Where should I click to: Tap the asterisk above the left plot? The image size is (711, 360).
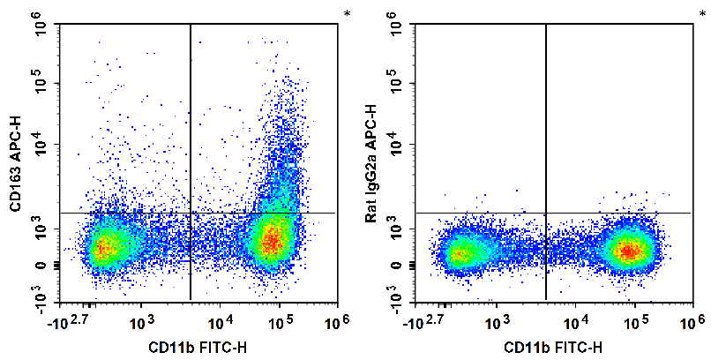(x=346, y=14)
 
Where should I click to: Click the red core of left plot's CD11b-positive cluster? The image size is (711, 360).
(x=273, y=239)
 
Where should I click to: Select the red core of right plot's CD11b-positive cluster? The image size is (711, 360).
(x=628, y=251)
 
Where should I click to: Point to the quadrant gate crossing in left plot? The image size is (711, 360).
(x=191, y=213)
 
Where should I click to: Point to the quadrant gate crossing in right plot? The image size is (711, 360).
(x=546, y=213)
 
